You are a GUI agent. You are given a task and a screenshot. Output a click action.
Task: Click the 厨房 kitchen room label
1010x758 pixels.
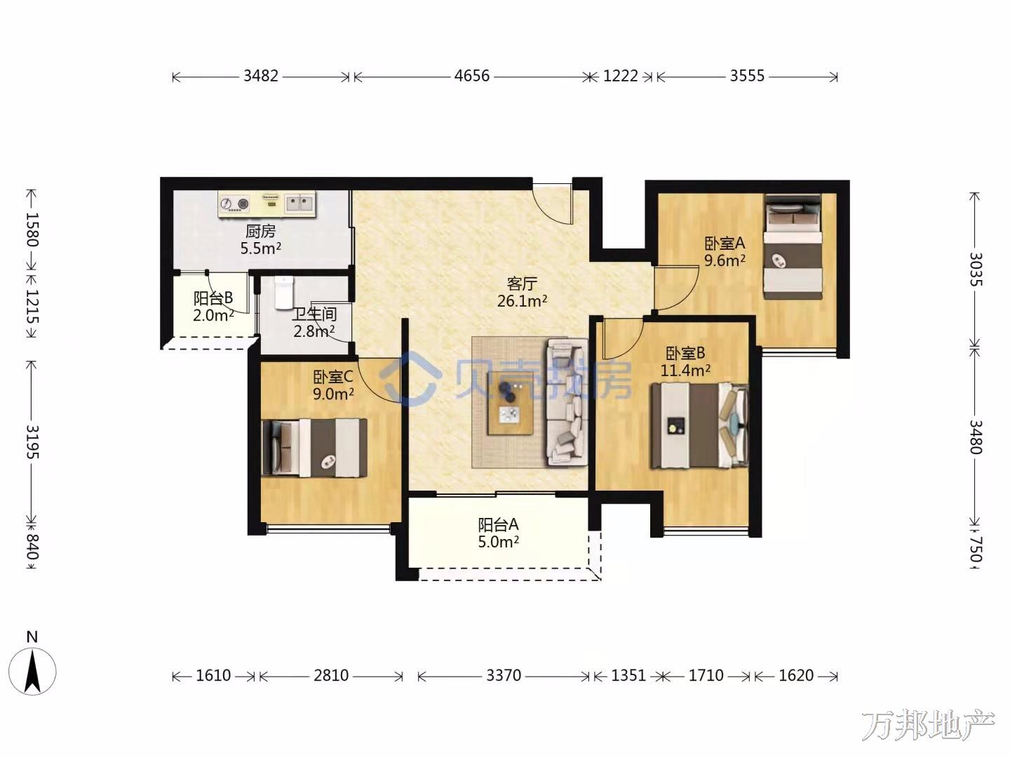click(260, 231)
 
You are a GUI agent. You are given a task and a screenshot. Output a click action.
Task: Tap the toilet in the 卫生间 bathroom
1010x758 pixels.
click(283, 292)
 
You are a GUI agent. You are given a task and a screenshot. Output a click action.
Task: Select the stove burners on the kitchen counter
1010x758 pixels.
click(234, 204)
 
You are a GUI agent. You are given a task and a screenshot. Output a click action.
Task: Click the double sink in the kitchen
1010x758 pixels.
click(300, 203)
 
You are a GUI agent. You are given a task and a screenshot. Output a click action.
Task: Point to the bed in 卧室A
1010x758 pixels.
click(793, 246)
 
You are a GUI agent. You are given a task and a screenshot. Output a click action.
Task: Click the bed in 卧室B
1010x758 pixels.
click(699, 426)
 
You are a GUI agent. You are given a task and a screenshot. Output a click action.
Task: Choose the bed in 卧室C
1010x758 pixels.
click(314, 447)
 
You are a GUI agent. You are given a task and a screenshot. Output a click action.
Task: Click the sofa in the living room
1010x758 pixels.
click(567, 401)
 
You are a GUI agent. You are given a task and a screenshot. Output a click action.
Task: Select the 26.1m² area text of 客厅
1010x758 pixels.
click(523, 301)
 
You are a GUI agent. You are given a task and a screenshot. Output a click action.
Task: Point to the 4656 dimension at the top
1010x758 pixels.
click(471, 76)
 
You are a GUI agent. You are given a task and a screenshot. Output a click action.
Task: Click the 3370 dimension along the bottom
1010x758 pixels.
click(504, 676)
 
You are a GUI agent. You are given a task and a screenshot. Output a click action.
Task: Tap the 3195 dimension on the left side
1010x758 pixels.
click(32, 442)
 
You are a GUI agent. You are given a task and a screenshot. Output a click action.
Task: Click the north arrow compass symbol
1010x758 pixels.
click(32, 672)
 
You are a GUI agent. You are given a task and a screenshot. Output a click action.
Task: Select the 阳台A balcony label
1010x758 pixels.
click(498, 525)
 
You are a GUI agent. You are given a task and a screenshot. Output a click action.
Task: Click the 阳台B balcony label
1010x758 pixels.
click(213, 299)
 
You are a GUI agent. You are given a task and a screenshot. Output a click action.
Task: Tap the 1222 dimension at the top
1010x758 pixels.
click(620, 76)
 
